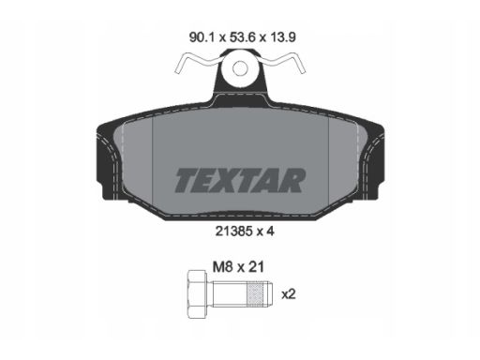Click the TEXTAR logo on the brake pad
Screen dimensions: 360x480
coord(239,176)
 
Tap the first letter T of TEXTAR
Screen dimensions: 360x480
coord(184,176)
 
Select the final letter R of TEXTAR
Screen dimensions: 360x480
coord(297,176)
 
